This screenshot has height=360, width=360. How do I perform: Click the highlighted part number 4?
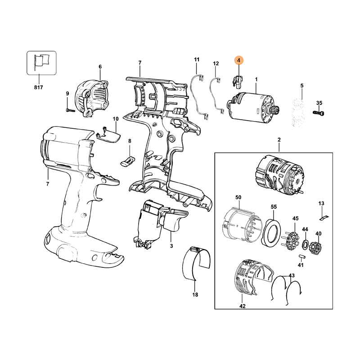click(238, 60)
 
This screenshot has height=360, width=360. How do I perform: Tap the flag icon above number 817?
click(41, 63)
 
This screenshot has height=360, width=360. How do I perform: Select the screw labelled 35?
click(319, 113)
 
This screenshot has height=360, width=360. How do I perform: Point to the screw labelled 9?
click(71, 110)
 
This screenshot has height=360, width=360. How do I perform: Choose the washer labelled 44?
click(305, 244)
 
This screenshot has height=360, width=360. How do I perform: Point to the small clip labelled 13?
click(324, 218)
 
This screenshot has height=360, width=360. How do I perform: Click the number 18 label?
click(195, 295)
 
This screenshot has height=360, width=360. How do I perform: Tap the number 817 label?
click(39, 87)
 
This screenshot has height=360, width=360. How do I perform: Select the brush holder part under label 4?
click(237, 81)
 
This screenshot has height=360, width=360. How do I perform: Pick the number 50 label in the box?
click(238, 197)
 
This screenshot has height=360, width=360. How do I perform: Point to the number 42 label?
click(243, 306)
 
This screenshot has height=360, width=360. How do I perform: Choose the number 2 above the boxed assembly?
click(279, 139)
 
